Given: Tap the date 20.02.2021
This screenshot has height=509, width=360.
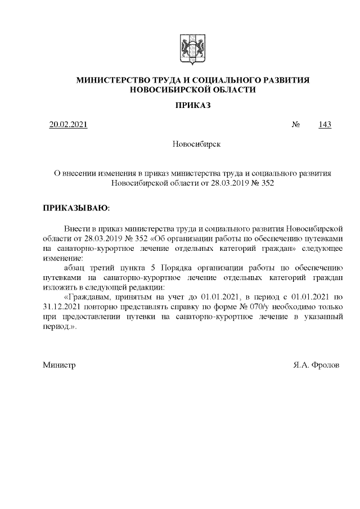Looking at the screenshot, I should tap(68, 124).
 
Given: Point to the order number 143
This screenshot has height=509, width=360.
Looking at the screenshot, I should tap(325, 124).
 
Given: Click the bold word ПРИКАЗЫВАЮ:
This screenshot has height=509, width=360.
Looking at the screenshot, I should tap(77, 208).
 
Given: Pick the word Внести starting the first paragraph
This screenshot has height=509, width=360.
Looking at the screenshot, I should tap(78, 229).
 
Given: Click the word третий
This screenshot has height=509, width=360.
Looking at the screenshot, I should tap(109, 267).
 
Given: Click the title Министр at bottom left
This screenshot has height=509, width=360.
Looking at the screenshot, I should tap(59, 365).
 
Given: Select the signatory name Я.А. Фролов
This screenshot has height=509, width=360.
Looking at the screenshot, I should tap(316, 365).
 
